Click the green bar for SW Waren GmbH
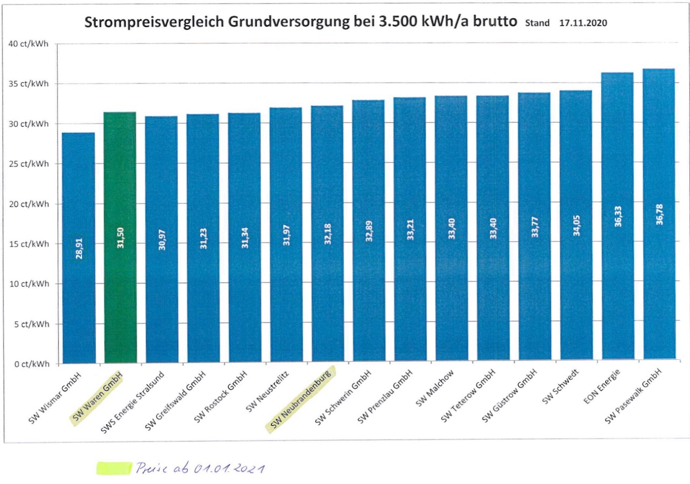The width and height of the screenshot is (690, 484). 120,237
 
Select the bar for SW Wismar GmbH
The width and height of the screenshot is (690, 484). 79,247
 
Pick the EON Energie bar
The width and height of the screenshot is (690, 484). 618,216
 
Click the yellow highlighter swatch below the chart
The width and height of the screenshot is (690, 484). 114,468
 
